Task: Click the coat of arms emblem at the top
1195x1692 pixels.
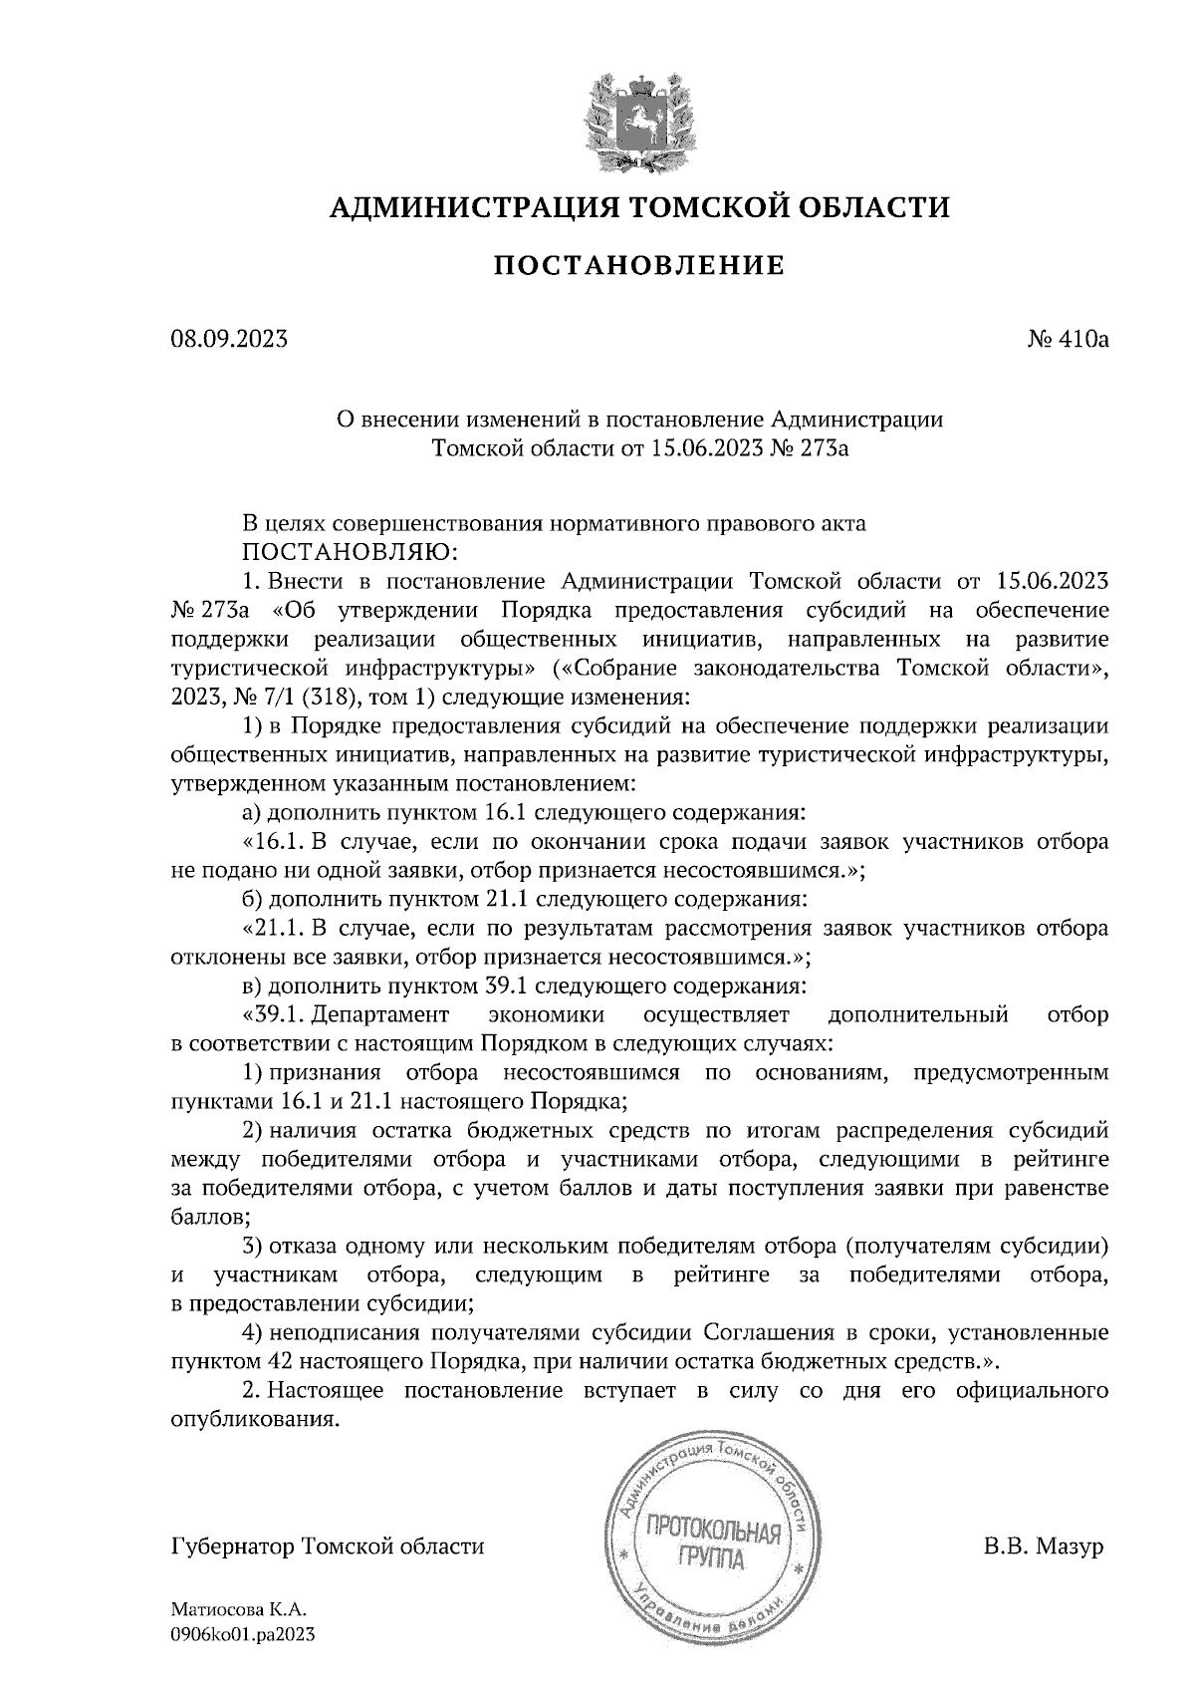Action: (637, 120)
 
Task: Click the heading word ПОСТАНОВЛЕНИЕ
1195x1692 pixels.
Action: (639, 265)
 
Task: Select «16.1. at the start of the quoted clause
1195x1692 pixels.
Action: (272, 841)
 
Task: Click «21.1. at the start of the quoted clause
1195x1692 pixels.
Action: (272, 929)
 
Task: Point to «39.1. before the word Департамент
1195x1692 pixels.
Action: (273, 1015)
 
